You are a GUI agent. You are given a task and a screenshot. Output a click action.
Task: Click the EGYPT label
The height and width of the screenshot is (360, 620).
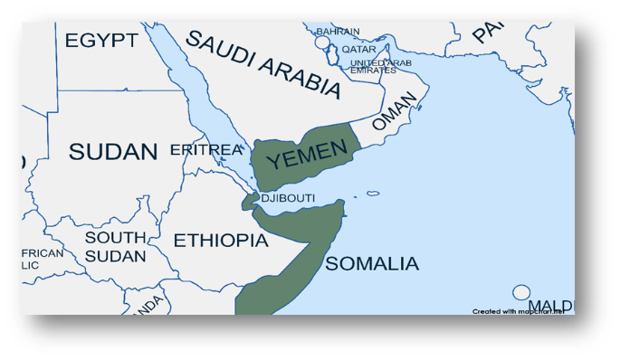pyautogui.click(x=101, y=40)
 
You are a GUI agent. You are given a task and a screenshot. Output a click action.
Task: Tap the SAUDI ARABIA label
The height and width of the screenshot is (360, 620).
pyautogui.click(x=263, y=63)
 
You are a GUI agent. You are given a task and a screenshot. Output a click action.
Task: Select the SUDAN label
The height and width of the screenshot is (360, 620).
pyautogui.click(x=113, y=151)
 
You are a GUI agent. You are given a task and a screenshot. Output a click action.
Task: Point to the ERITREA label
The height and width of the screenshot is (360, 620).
pyautogui.click(x=206, y=149)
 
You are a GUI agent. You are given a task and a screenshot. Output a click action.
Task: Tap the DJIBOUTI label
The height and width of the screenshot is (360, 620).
pyautogui.click(x=288, y=198)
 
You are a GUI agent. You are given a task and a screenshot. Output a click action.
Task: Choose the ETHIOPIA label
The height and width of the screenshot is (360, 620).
pyautogui.click(x=220, y=241)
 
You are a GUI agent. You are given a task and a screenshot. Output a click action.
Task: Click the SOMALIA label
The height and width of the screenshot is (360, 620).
pyautogui.click(x=372, y=264)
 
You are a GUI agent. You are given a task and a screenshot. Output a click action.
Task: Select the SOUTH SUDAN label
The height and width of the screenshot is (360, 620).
pyautogui.click(x=115, y=246)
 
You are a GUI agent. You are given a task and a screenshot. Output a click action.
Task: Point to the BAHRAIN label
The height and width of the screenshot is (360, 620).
pyautogui.click(x=338, y=32)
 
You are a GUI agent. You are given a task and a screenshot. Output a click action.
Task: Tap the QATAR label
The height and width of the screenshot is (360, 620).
pyautogui.click(x=358, y=50)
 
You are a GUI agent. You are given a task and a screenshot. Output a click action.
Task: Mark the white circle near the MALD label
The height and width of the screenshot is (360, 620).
pyautogui.click(x=520, y=292)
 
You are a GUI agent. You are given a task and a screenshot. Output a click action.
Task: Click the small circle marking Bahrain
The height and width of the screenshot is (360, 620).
pyautogui.click(x=322, y=43)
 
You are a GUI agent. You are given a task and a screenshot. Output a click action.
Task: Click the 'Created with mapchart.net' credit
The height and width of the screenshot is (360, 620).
pyautogui.click(x=517, y=311)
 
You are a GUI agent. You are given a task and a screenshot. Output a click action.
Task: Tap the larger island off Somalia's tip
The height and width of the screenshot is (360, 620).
pyautogui.click(x=372, y=193)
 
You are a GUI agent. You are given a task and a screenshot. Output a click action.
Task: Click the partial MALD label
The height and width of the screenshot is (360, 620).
pyautogui.click(x=550, y=305)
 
